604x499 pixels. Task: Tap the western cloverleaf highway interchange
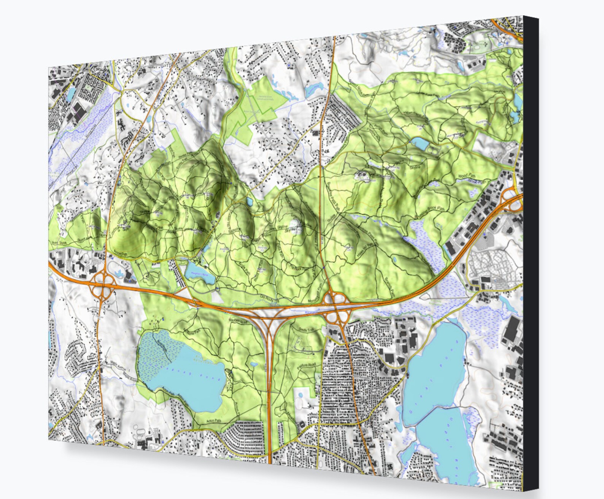pyautogui.click(x=103, y=285)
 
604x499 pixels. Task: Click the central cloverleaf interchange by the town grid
pyautogui.click(x=336, y=306)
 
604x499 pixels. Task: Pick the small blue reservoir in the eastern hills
pyautogui.click(x=419, y=143)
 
